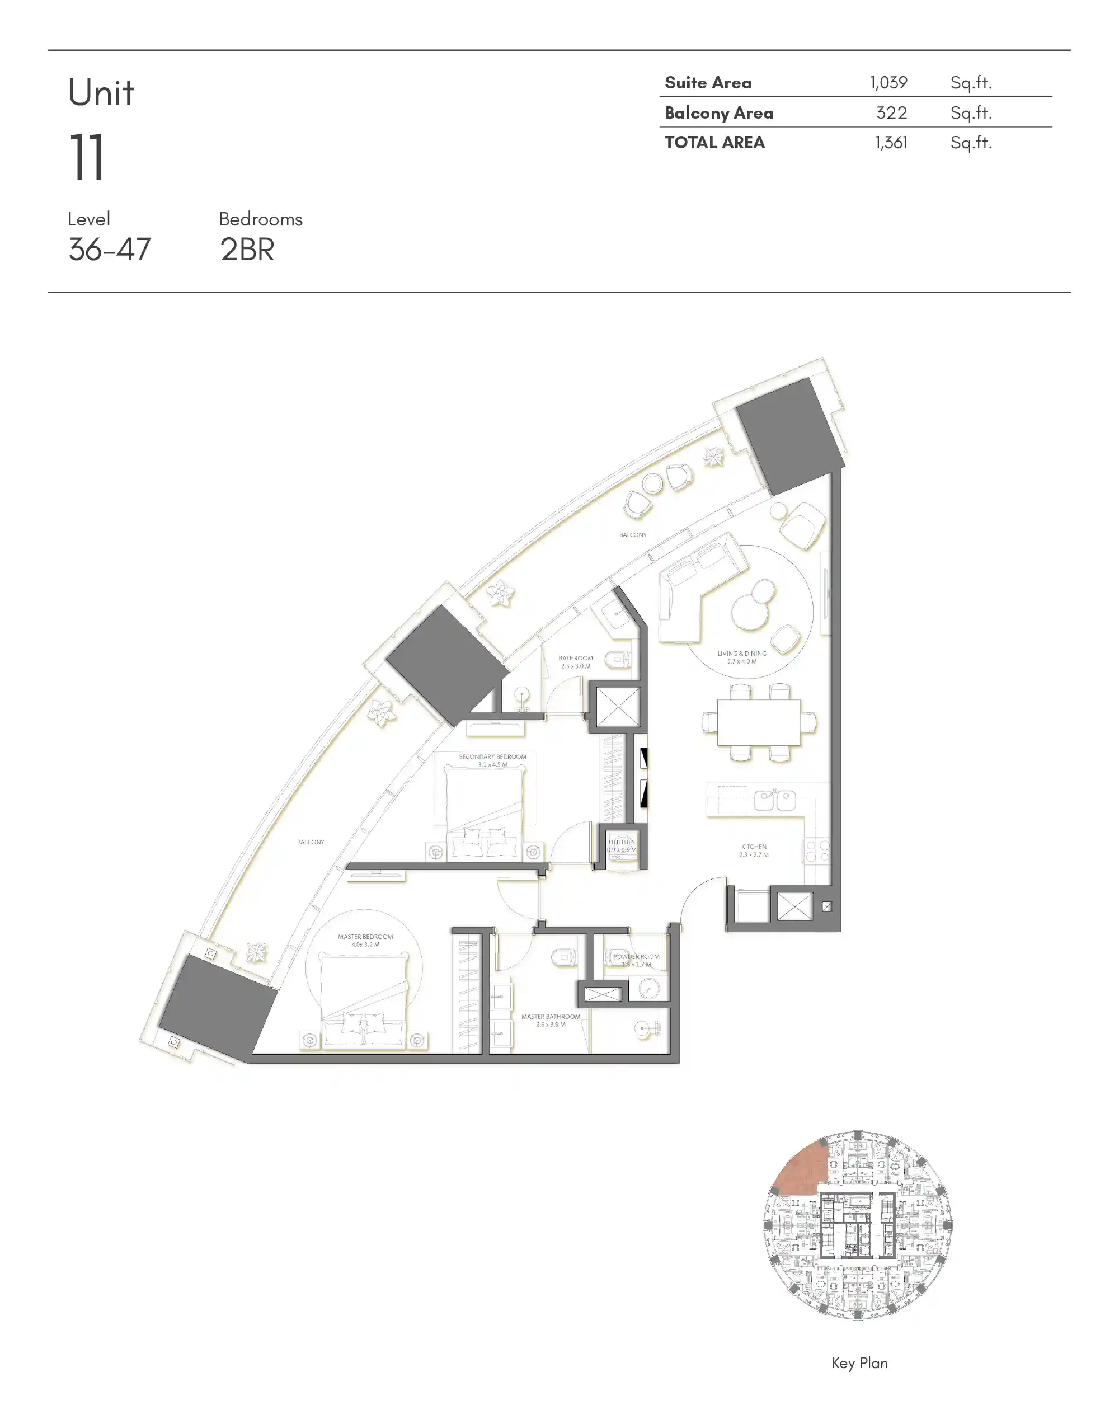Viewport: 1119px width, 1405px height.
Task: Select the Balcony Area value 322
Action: [x=891, y=112]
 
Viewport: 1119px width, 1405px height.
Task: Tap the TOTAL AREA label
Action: [x=714, y=143]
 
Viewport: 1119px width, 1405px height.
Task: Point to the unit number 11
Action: [x=87, y=157]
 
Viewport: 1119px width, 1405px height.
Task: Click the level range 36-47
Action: [x=110, y=250]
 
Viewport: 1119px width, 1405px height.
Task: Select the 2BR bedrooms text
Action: [x=247, y=250]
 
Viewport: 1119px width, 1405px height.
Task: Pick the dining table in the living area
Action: [x=759, y=722]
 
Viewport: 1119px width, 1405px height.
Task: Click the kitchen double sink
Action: [x=774, y=800]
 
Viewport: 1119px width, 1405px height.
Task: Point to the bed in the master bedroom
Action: [x=364, y=1000]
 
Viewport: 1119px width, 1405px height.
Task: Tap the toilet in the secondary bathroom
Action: [x=617, y=661]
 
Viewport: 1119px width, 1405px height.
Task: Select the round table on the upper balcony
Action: [x=652, y=483]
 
